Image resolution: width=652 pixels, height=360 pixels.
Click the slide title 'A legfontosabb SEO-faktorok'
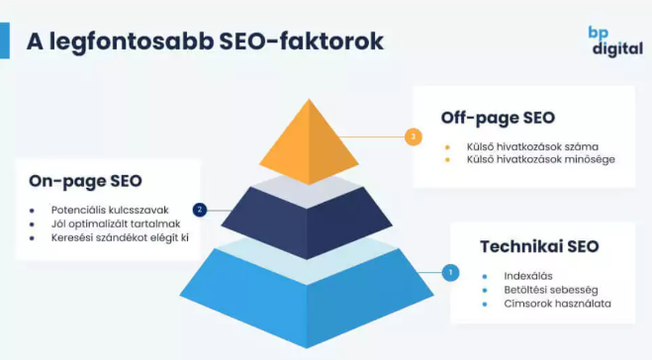pyautogui.click(x=205, y=42)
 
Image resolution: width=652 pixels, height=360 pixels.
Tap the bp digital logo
pyautogui.click(x=615, y=42)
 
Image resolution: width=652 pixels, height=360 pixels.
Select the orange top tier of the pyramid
pyautogui.click(x=309, y=141)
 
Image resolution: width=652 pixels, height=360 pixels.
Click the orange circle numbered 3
pyautogui.click(x=413, y=136)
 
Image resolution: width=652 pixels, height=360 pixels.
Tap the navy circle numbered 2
pyautogui.click(x=200, y=210)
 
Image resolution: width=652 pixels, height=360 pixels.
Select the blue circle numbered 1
pyautogui.click(x=450, y=273)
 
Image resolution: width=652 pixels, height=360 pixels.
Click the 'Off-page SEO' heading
pyautogui.click(x=498, y=118)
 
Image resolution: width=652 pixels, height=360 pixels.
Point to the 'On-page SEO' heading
pyautogui.click(x=85, y=182)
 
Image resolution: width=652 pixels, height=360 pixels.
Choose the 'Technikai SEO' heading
pyautogui.click(x=539, y=246)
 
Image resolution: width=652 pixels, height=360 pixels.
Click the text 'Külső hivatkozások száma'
pyautogui.click(x=532, y=146)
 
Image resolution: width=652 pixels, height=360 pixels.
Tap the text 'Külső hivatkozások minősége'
pyautogui.click(x=540, y=159)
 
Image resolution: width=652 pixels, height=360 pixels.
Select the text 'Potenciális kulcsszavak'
pyautogui.click(x=110, y=210)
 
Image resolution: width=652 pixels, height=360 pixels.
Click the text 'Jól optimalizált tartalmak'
pyautogui.click(x=116, y=225)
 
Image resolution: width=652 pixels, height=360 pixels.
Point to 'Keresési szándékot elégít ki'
pyautogui.click(x=120, y=237)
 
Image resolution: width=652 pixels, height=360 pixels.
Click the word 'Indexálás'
pyautogui.click(x=528, y=276)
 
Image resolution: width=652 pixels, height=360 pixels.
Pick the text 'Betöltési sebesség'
pyautogui.click(x=551, y=290)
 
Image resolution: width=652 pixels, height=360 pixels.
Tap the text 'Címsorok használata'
pyautogui.click(x=558, y=304)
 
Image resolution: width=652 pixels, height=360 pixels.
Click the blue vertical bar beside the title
pyautogui.click(x=5, y=41)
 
